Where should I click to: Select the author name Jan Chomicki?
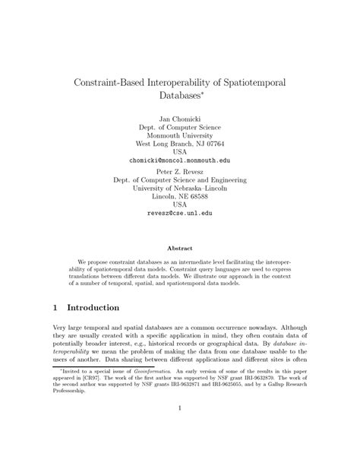pos(179,119)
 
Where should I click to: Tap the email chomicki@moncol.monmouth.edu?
pos(179,160)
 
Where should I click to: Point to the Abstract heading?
pos(179,248)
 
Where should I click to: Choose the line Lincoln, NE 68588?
pos(179,196)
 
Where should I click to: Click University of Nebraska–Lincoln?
pos(179,188)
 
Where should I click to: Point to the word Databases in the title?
pos(177,97)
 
